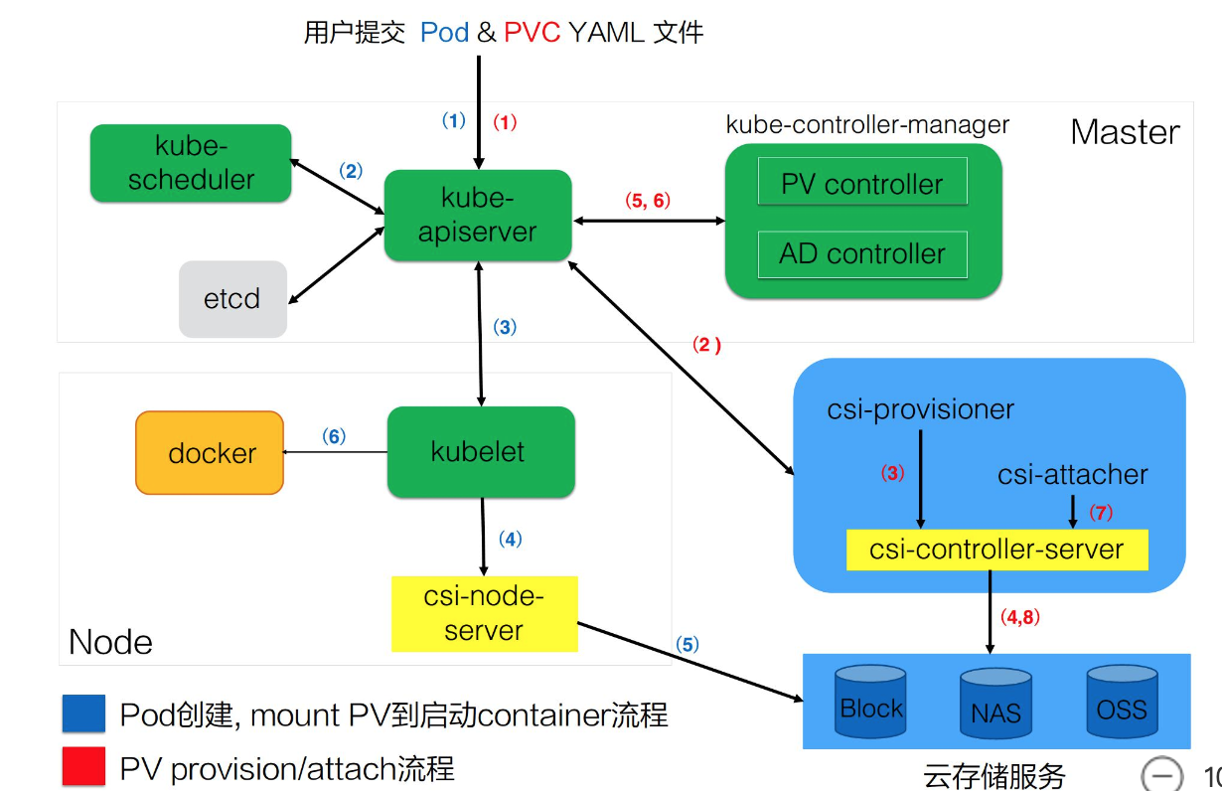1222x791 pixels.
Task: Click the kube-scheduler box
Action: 191,164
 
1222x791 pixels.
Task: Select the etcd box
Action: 232,299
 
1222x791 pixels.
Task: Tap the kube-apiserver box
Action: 478,216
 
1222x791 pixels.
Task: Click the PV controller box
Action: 861,184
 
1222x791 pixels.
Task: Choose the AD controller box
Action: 861,253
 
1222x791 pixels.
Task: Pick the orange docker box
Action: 210,453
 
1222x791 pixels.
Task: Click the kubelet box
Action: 481,452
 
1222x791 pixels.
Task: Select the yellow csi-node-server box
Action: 484,614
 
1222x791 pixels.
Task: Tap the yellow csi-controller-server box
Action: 996,550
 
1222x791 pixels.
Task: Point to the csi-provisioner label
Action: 921,408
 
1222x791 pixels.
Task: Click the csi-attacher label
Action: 1073,475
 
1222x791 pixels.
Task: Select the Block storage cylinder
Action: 870,703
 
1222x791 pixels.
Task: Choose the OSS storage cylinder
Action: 1122,703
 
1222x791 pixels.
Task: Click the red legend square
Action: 83,767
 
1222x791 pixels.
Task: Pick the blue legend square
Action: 83,713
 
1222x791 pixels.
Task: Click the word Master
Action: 1125,132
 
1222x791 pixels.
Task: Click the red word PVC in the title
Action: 532,32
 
